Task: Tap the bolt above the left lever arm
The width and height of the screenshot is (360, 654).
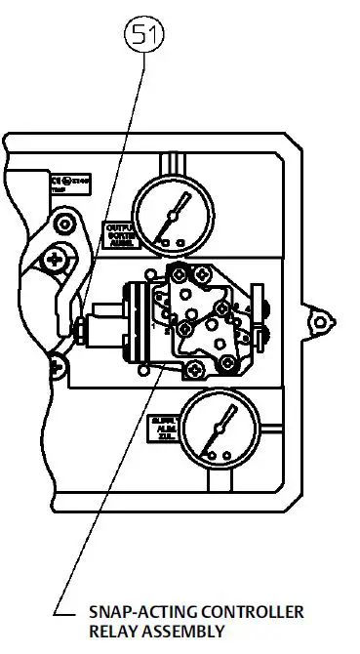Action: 64,225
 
